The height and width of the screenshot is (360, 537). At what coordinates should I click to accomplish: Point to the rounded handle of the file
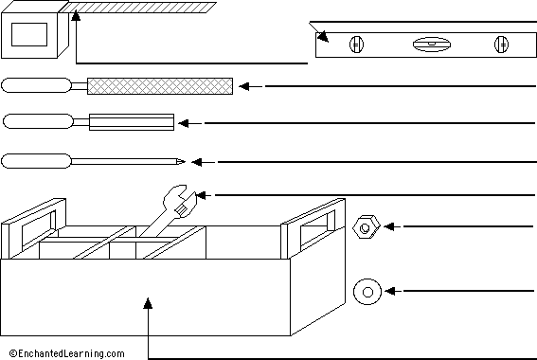pos(38,85)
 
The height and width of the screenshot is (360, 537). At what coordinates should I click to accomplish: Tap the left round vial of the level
pos(356,44)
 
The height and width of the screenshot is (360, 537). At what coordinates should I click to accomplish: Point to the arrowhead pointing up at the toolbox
pos(148,304)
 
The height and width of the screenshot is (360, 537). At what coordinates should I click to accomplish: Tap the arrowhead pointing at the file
pos(245,86)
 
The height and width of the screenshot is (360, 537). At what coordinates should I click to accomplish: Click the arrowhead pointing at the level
pos(322,38)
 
